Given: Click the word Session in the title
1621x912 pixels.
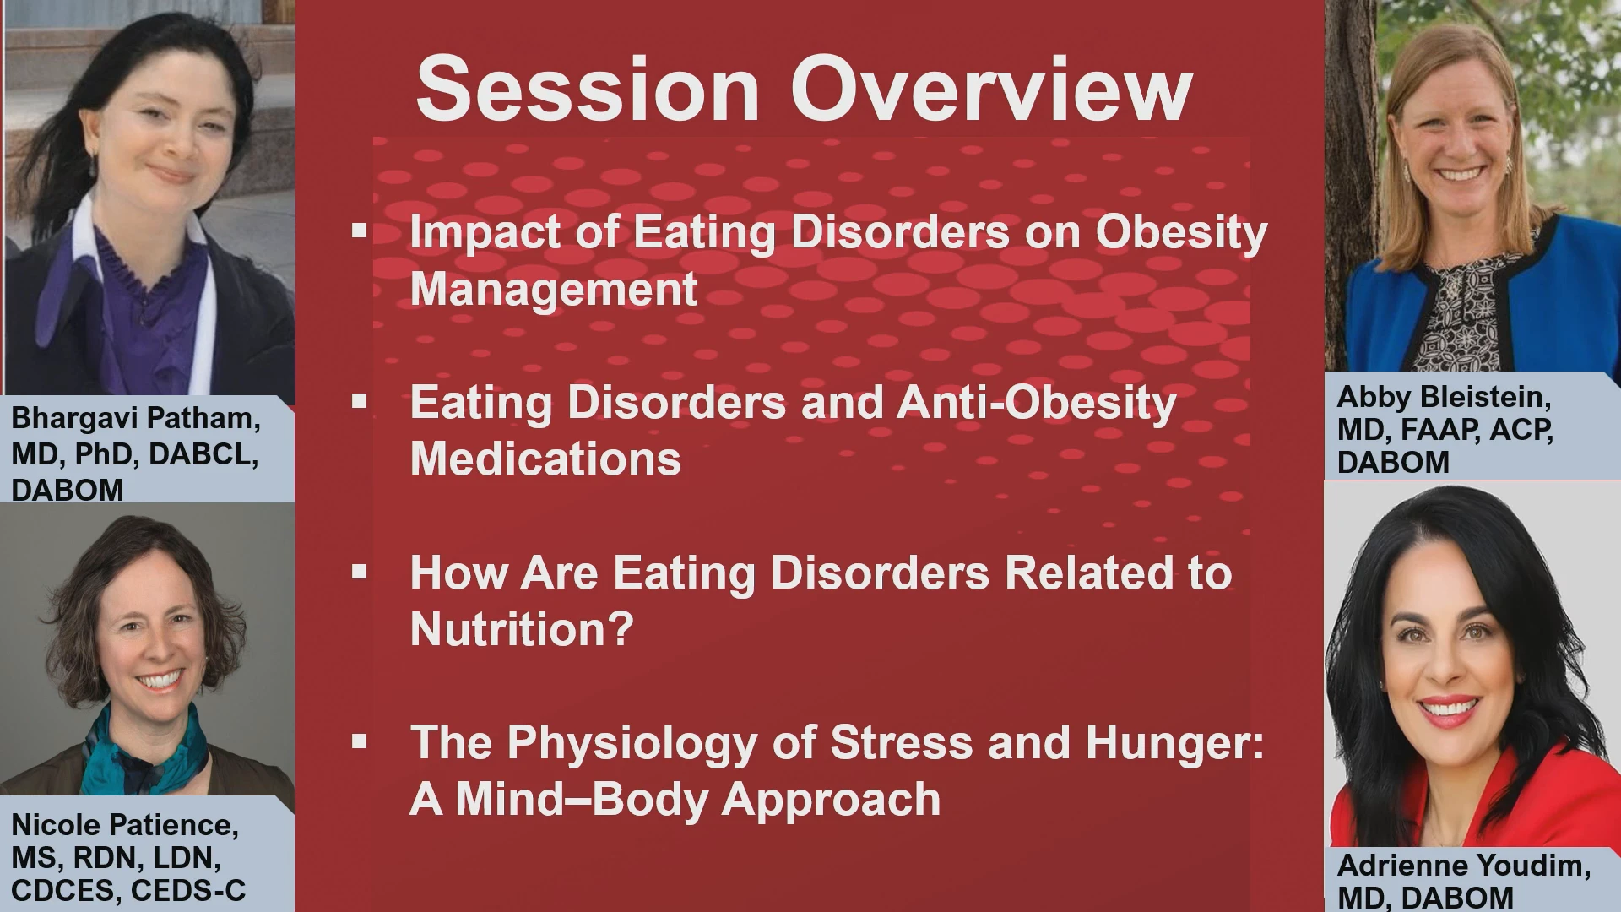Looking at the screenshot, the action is pyautogui.click(x=588, y=90).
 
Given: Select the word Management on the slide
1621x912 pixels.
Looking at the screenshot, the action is pyautogui.click(x=554, y=290).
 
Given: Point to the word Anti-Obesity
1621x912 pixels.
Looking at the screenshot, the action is pyautogui.click(x=1036, y=402).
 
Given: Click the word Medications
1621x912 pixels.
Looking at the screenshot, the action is pyautogui.click(x=545, y=459).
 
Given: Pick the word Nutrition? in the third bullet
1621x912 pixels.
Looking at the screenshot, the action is pyautogui.click(x=521, y=629).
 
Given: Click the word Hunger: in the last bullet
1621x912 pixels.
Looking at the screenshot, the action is pyautogui.click(x=1174, y=742).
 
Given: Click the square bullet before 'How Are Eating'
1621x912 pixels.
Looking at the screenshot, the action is pyautogui.click(x=360, y=572).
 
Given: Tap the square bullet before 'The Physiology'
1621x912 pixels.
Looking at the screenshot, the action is pyautogui.click(x=360, y=741).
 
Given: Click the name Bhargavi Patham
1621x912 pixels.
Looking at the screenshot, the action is pyautogui.click(x=136, y=419).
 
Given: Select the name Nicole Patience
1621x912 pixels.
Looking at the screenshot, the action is pyautogui.click(x=125, y=825).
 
